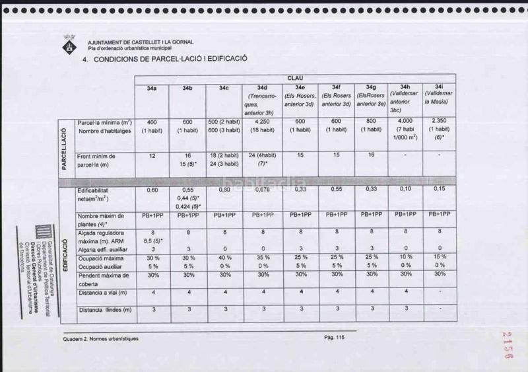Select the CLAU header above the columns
(x=295, y=77)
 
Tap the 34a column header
(x=152, y=88)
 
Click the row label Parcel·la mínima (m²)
(x=104, y=123)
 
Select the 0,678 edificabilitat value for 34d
(x=262, y=190)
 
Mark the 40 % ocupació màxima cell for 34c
(x=225, y=257)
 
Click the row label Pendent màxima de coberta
(x=102, y=278)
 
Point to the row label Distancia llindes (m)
(x=104, y=310)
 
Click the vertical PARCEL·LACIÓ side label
(x=64, y=147)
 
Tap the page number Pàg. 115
(x=335, y=338)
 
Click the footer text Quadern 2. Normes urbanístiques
(x=101, y=338)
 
